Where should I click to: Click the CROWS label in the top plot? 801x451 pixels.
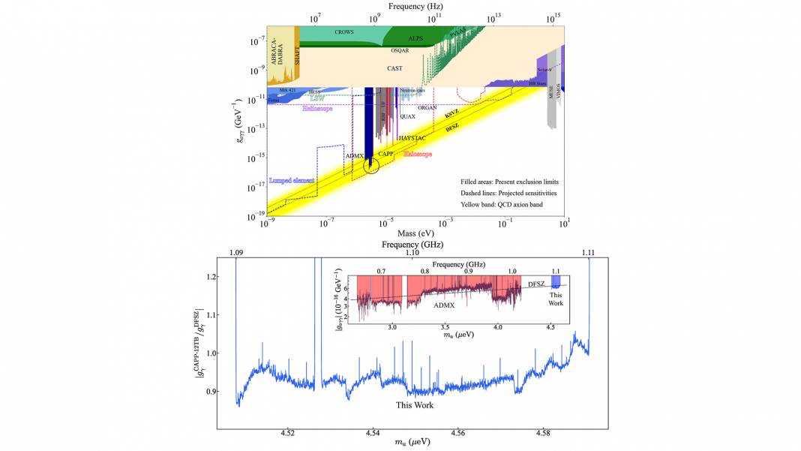tap(344, 33)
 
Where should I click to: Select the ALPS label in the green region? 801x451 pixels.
tap(415, 38)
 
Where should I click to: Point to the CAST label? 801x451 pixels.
tap(394, 68)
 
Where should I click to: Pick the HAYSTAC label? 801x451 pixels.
tap(413, 139)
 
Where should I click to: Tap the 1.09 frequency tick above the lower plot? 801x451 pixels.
tap(235, 253)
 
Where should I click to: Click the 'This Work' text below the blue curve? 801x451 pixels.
tap(415, 405)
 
